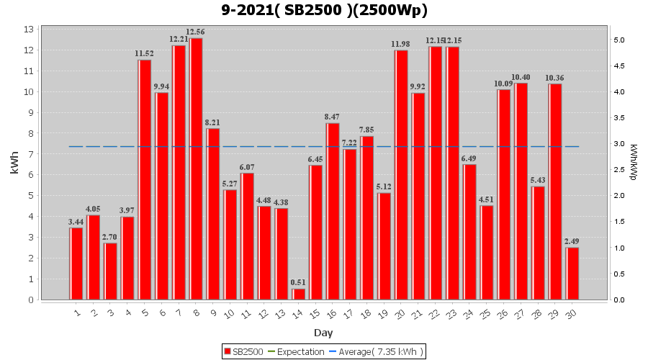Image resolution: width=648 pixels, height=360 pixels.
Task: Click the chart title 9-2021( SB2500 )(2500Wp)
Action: tap(324, 10)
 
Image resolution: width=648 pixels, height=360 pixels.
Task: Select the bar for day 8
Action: tap(197, 169)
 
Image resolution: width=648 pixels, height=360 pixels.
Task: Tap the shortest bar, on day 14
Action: tap(299, 294)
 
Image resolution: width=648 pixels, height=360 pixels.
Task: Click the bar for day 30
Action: tap(572, 274)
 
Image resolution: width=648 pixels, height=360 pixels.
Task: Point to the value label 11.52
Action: tap(145, 54)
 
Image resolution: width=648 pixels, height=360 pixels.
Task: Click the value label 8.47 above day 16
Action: tap(333, 117)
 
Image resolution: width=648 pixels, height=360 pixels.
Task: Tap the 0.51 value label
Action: tap(299, 282)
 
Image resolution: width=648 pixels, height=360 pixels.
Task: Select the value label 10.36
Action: tap(554, 78)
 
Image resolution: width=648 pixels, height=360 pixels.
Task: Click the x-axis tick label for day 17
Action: tap(348, 313)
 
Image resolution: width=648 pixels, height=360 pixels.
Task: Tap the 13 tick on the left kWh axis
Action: tap(29, 30)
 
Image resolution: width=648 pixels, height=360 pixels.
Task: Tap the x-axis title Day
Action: tap(323, 333)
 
